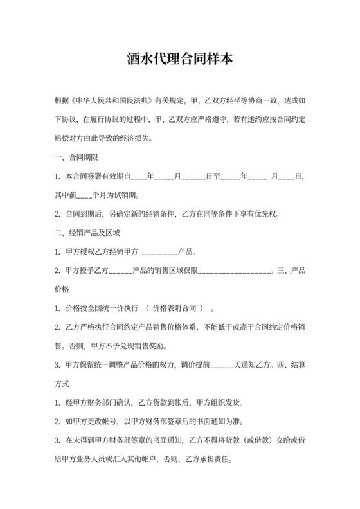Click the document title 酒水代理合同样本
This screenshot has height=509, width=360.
[179, 60]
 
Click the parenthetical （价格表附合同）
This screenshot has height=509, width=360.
[176, 308]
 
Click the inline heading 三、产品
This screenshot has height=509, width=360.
[290, 270]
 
